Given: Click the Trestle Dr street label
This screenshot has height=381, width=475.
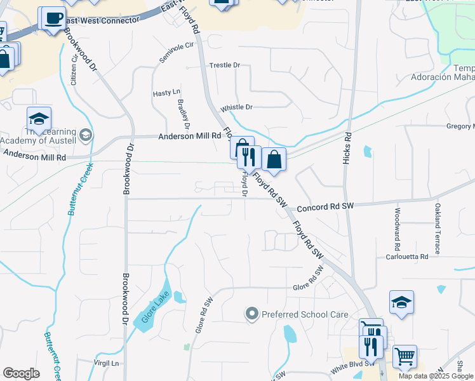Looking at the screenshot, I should pos(225,65).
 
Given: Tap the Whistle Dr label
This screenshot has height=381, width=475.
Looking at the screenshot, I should pos(236,107).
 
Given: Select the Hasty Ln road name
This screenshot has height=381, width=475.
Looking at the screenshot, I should pos(166,93).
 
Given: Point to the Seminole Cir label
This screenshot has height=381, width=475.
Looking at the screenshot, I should pos(176,52).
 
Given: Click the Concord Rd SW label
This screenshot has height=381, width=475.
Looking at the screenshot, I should pos(324,206).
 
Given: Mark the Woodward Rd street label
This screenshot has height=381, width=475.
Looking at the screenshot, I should pos(398,229).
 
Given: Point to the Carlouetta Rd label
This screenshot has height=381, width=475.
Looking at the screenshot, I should pos(407,257).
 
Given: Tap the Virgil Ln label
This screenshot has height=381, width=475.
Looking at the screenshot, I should pos(107,363).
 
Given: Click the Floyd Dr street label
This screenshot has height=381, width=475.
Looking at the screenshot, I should pos(244,186).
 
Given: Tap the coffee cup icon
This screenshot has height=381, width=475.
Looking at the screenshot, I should pos(53,18).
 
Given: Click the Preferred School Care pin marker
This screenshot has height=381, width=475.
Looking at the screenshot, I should pos(252,314).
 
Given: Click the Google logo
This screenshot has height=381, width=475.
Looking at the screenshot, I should pos(21,373).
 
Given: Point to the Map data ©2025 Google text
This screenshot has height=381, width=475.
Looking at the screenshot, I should pos(435,376).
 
